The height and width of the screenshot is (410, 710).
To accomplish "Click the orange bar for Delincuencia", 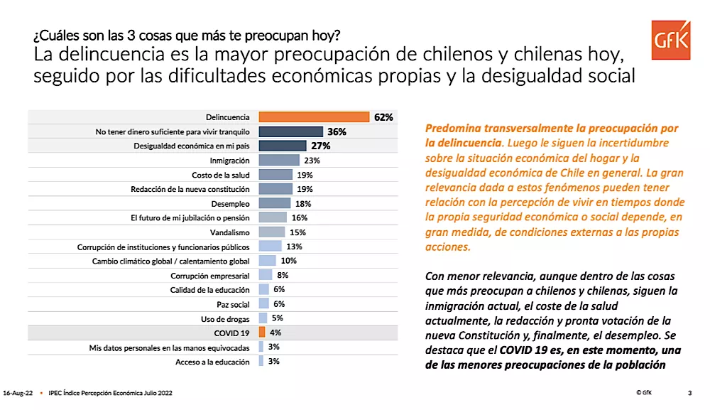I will click(314, 117).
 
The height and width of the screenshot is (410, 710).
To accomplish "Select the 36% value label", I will click(337, 131).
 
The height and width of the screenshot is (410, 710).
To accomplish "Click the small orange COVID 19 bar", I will click(262, 333).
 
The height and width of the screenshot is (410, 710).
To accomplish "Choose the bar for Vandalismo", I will click(272, 232).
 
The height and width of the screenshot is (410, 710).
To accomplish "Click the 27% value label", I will click(321, 146).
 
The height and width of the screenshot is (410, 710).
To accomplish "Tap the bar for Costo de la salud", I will click(275, 175).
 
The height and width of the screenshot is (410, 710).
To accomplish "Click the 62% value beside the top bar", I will click(383, 117).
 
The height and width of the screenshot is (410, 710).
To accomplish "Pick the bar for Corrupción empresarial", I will click(266, 275).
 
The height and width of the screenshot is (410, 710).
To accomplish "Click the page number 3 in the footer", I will click(690, 393).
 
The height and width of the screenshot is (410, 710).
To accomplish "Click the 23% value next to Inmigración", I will click(311, 161).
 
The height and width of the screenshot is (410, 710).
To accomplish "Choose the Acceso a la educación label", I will click(212, 362).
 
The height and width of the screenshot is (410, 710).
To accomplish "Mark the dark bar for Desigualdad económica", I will click(282, 146).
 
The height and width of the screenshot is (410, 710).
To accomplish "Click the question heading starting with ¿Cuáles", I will click(186, 35).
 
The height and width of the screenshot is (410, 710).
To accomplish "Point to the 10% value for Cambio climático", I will click(288, 261).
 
